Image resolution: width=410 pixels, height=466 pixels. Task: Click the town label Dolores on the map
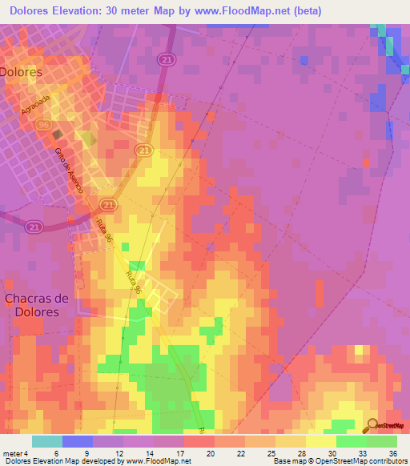[x=22, y=70]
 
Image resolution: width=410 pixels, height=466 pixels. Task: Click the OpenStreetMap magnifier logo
[x=373, y=424]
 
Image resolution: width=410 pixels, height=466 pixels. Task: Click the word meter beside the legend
[x=14, y=452]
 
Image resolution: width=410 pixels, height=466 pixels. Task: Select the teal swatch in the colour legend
[x=47, y=441]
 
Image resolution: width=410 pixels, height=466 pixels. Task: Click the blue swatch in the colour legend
[x=78, y=441]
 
